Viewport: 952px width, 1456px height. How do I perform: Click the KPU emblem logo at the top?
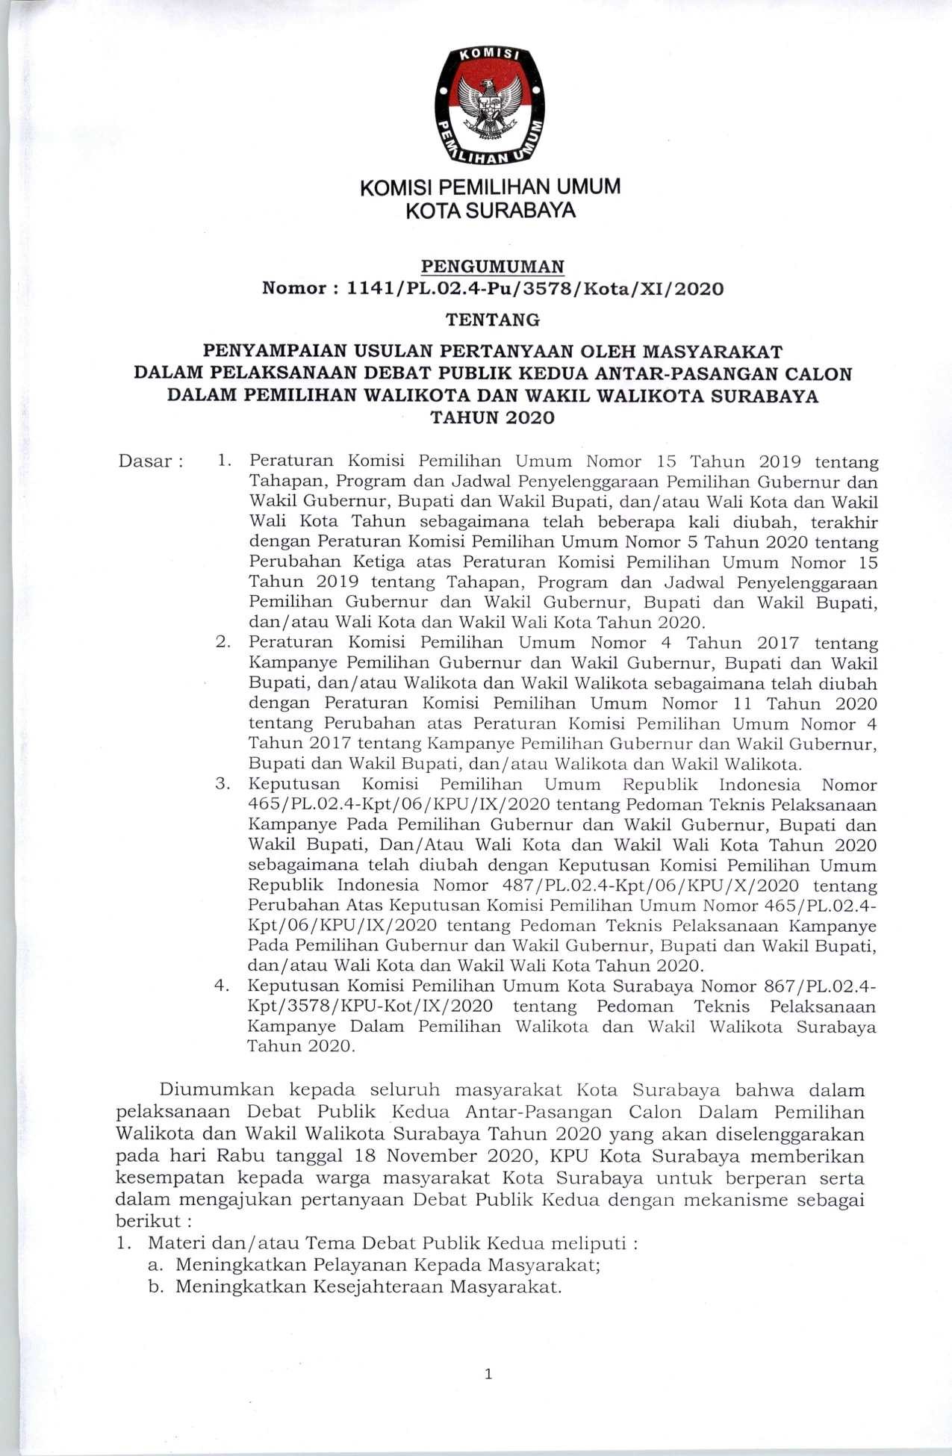[x=490, y=105]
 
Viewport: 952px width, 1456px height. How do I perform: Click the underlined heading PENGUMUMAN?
[x=493, y=266]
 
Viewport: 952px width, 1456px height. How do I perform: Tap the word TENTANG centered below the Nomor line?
[x=493, y=320]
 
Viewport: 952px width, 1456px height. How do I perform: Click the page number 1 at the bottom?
[x=488, y=1373]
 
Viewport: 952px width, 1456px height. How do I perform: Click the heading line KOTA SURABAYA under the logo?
[x=491, y=211]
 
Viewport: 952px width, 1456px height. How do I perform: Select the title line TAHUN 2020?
[x=493, y=418]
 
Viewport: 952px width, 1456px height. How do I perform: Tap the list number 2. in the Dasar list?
[x=223, y=641]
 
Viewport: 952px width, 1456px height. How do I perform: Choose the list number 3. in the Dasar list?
[x=223, y=784]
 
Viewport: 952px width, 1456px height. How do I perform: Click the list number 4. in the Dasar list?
[x=222, y=986]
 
